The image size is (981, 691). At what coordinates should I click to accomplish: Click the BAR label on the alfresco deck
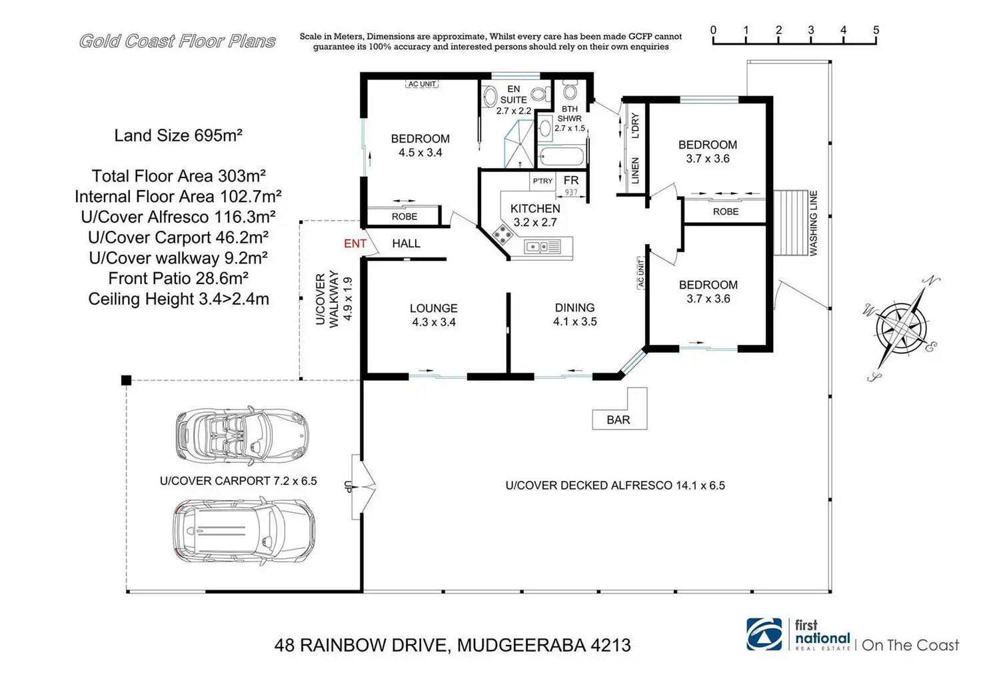coord(618,420)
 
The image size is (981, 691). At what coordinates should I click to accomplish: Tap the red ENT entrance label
coord(355,243)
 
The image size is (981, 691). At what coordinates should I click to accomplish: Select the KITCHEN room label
coord(535,209)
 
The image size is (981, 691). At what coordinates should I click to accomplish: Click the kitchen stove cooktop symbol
coord(502,234)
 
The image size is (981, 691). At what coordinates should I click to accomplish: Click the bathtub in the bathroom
coord(561,157)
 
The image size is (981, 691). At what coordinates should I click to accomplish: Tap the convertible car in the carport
coord(242,435)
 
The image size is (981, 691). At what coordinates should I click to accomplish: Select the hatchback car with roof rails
coord(244,532)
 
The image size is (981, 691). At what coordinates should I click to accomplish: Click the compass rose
coord(901,329)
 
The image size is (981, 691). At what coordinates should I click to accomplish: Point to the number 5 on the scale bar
coord(876,30)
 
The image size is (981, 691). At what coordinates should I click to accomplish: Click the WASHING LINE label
coord(813,223)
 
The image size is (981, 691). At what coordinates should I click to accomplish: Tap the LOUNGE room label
coord(434,308)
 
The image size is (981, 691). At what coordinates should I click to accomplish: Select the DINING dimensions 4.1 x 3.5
coord(574,321)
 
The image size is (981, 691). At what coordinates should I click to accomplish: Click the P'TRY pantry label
coord(542,181)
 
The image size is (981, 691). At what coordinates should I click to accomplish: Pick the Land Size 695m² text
coord(178,135)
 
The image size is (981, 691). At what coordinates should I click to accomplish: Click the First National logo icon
coord(764,634)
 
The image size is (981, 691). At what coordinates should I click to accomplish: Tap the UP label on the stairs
coord(348,487)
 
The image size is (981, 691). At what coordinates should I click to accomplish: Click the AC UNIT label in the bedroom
coord(422,83)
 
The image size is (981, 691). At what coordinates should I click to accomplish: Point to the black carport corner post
coord(126,380)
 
